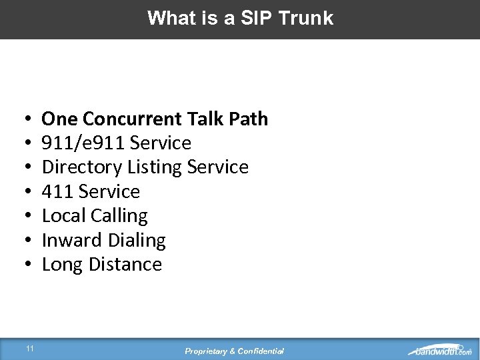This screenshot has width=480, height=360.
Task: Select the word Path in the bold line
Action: point(248,119)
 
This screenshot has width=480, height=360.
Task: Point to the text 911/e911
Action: point(83,143)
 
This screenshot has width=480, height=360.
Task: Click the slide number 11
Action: point(30,348)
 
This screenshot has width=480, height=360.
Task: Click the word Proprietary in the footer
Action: point(207,351)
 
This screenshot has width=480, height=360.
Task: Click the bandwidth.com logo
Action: point(440,350)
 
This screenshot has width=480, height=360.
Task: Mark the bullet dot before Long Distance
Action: point(23,265)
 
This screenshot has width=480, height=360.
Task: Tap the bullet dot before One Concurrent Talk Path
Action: point(23,119)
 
